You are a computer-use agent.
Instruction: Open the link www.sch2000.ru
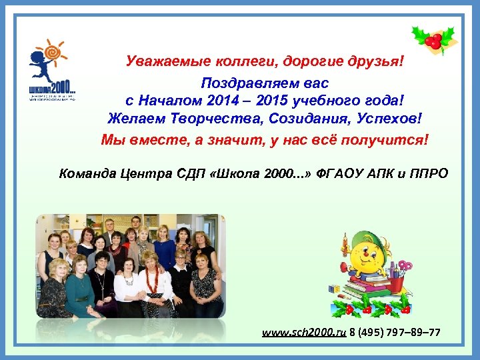[x=302, y=332]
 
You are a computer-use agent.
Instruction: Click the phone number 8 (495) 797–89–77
[x=395, y=332]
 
